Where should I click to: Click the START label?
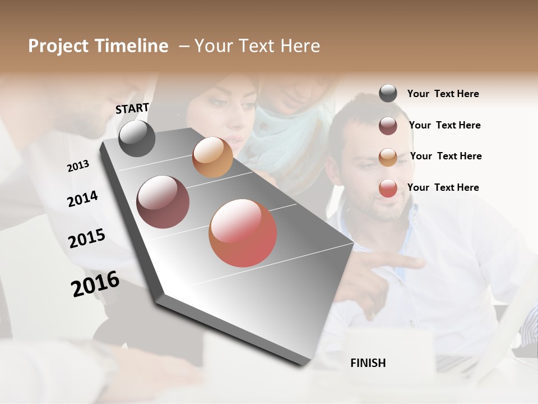(x=132, y=108)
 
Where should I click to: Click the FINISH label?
(x=368, y=363)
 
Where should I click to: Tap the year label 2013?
(x=78, y=166)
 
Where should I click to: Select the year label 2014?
(x=82, y=199)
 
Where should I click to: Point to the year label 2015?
(x=87, y=238)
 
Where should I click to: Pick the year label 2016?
(x=95, y=284)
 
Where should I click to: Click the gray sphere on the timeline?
(x=137, y=138)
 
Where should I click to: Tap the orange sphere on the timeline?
(x=212, y=157)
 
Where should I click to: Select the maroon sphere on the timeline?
(x=163, y=202)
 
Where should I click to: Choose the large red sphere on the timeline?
(x=243, y=233)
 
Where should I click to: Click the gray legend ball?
(x=388, y=94)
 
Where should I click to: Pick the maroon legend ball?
(x=388, y=126)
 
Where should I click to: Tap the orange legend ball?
(x=388, y=157)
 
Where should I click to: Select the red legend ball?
(x=388, y=188)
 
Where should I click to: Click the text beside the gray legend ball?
(x=443, y=94)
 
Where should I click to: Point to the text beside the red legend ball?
(x=443, y=187)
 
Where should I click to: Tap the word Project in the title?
(x=58, y=46)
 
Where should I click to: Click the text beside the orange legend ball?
(x=446, y=156)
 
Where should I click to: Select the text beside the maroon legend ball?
(x=444, y=125)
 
